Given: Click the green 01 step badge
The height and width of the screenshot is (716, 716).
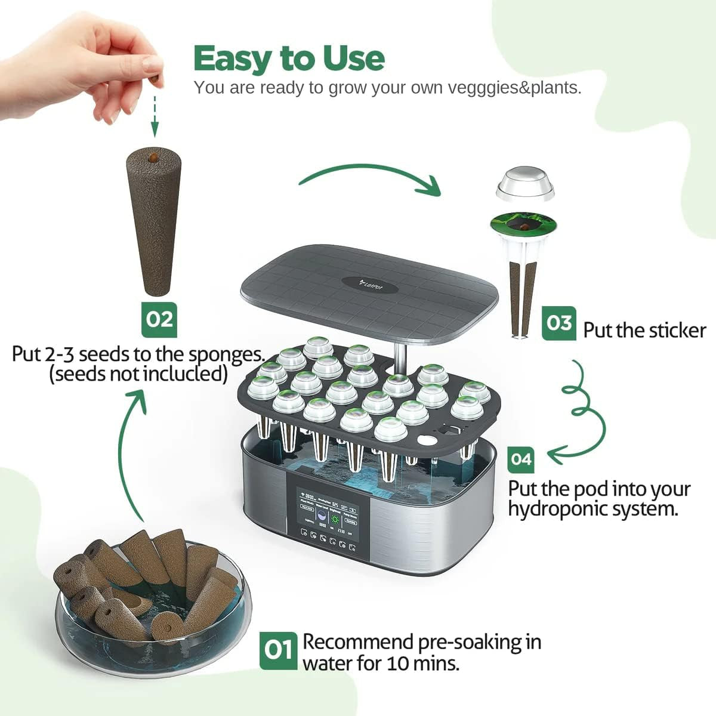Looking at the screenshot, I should click(x=278, y=650).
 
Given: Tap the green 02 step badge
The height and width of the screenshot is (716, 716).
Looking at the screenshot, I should click(x=159, y=319).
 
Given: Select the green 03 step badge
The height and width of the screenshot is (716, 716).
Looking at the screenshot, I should click(x=559, y=323).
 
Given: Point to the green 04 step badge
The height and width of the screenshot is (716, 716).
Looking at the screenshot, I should click(x=521, y=459).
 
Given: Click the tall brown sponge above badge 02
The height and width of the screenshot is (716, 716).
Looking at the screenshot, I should click(x=153, y=221).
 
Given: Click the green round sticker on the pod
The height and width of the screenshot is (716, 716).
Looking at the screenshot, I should click(x=523, y=225).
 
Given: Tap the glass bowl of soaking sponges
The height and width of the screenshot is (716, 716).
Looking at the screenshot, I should click(x=149, y=603).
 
